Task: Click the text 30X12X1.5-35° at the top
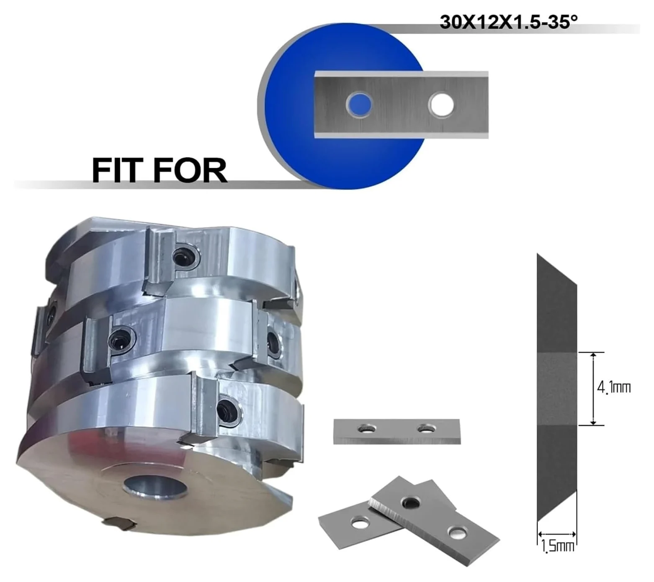coord(509,22)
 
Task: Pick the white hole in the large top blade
coord(441,104)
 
